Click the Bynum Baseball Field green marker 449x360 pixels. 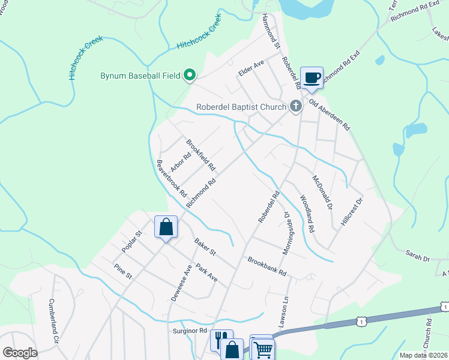pyautogui.click(x=190, y=76)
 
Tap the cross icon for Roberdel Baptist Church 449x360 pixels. pyautogui.click(x=295, y=107)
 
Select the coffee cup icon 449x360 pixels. pyautogui.click(x=312, y=77)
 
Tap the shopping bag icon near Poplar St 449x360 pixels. pyautogui.click(x=166, y=227)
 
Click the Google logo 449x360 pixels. pyautogui.click(x=20, y=353)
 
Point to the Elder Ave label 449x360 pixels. pyautogui.click(x=252, y=71)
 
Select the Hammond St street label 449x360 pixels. pyautogui.click(x=272, y=32)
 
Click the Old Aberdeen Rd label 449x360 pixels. pyautogui.click(x=330, y=116)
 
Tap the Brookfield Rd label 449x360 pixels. pyautogui.click(x=200, y=155)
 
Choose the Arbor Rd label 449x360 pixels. pyautogui.click(x=180, y=161)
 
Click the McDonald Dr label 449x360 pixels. pyautogui.click(x=322, y=192)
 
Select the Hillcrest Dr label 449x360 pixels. pyautogui.click(x=352, y=211)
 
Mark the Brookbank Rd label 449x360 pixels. pyautogui.click(x=268, y=267)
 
